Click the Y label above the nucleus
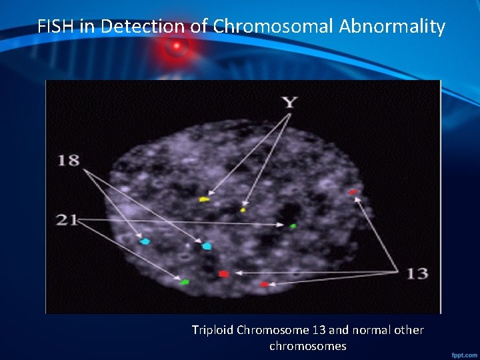pyautogui.click(x=289, y=103)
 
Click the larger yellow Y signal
pyautogui.click(x=204, y=199)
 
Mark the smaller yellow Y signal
pyautogui.click(x=243, y=210)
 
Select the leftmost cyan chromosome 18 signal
pyautogui.click(x=145, y=241)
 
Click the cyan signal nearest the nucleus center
pyautogui.click(x=207, y=246)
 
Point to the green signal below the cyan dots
pyautogui.click(x=185, y=283)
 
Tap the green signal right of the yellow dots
pyautogui.click(x=293, y=226)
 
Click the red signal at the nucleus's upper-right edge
pyautogui.click(x=353, y=192)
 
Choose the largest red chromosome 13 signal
pyautogui.click(x=223, y=273)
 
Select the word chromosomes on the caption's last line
pyautogui.click(x=307, y=346)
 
